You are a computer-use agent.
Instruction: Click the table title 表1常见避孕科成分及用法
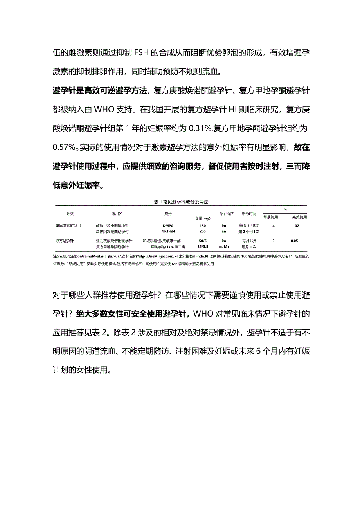coord(181,202)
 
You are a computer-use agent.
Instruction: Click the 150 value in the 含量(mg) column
coord(202,226)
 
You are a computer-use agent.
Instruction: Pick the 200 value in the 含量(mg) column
coord(202,231)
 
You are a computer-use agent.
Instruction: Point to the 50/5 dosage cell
coord(202,241)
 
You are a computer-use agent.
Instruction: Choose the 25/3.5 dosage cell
coord(202,247)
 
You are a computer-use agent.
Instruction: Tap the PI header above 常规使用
coord(285,210)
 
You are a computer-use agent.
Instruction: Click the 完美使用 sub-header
coord(299,217)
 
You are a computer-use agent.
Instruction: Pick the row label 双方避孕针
coord(65,241)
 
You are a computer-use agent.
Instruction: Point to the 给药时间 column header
coord(249,214)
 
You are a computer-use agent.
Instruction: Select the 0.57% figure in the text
coord(65,147)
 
